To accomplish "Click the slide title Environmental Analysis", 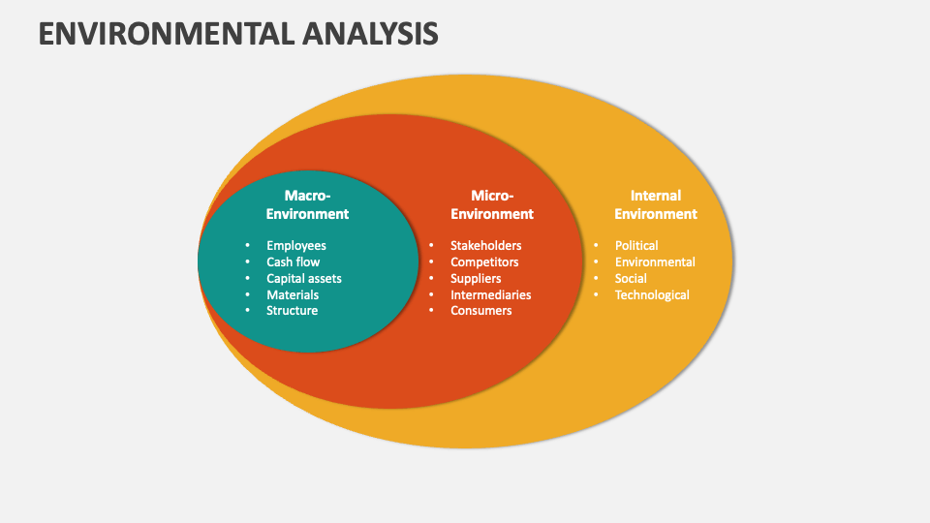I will [238, 34].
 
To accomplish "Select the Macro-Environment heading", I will [307, 204].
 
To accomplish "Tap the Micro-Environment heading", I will [492, 204].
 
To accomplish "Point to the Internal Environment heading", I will [656, 204].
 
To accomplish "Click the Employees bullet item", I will [296, 246].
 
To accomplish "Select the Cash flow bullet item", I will [293, 261].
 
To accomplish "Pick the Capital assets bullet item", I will [304, 278].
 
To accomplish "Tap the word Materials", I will [293, 294].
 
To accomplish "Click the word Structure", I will [292, 311].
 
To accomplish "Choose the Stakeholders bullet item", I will [485, 246].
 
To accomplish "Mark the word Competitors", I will [484, 261].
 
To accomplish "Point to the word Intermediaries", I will [490, 294].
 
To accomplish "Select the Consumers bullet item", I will [480, 311].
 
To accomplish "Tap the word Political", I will [636, 246].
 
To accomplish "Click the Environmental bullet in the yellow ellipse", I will [655, 261].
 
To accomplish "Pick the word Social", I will [631, 278].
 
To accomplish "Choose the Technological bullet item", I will [652, 294].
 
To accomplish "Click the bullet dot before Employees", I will [247, 246].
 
